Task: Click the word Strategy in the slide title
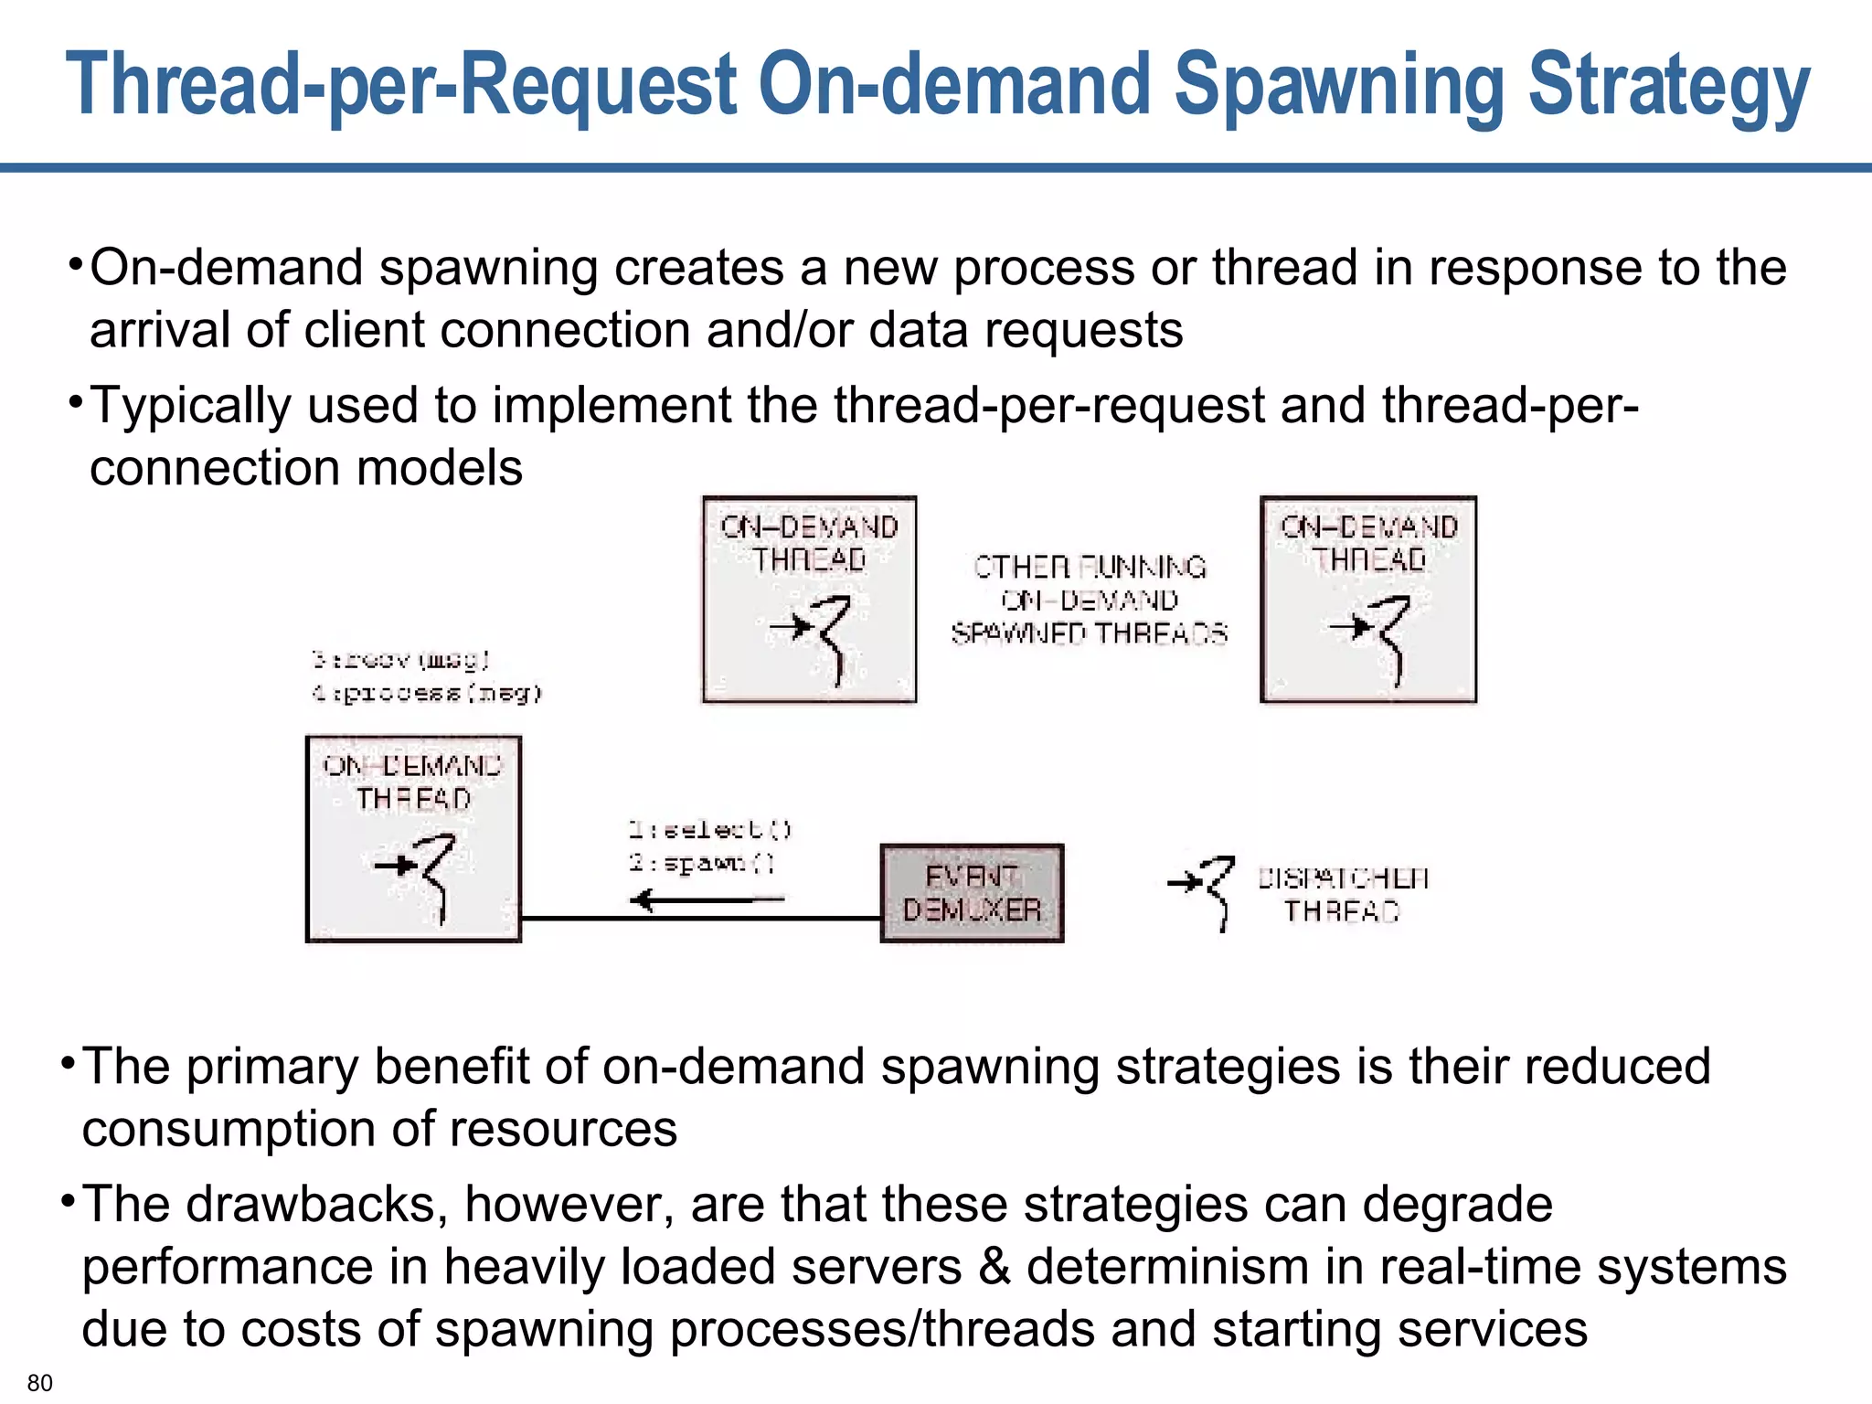[x=1668, y=87]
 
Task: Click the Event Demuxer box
[x=972, y=893]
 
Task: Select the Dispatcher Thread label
[x=1343, y=894]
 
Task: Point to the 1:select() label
[x=709, y=829]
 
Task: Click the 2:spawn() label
[x=702, y=862]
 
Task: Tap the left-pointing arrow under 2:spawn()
[x=706, y=900]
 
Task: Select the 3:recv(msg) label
[x=400, y=659]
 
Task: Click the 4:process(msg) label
[x=426, y=693]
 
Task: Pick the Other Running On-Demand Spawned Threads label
[x=1089, y=600]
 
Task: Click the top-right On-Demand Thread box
[x=1367, y=600]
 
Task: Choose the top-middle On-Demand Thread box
[x=809, y=600]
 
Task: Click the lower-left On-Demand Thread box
[x=413, y=838]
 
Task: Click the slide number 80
[x=40, y=1382]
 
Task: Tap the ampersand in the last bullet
[x=994, y=1267]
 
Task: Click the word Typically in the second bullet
[x=190, y=406]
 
